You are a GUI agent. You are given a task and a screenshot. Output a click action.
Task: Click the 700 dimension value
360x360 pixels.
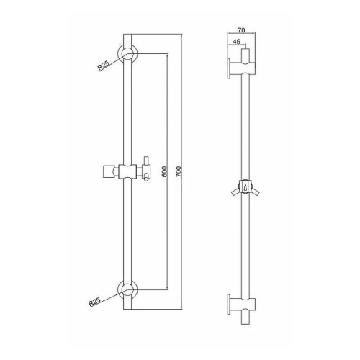pos(179,171)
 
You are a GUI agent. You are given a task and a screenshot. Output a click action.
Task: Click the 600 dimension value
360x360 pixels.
pos(164,171)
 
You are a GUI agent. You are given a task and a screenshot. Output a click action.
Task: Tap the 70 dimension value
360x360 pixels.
pos(241,30)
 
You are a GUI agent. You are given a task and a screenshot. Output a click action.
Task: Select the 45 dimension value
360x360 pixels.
pos(236,42)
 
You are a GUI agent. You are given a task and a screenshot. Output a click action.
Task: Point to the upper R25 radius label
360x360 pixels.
pos(104,66)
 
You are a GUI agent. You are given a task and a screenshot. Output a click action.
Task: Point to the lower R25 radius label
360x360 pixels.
pos(95,302)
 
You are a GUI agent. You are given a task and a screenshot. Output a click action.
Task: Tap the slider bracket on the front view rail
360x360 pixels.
pos(127,171)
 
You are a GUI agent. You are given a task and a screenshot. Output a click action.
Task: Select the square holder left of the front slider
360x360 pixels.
pos(108,171)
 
